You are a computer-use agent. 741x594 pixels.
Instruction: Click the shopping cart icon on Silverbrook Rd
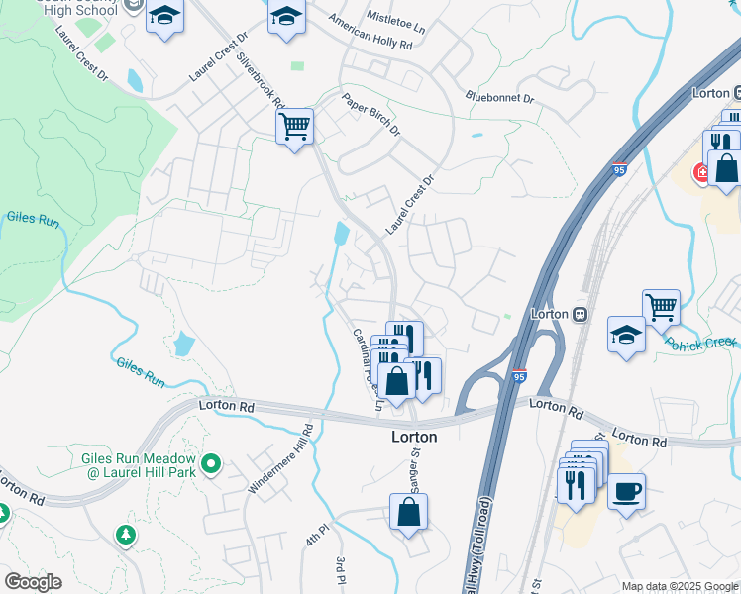294,127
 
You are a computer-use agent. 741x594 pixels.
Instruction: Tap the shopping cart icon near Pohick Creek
661,306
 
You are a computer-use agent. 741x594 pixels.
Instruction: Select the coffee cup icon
625,490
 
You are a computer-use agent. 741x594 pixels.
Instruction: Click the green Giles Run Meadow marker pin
210,463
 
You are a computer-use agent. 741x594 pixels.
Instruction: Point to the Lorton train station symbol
577,314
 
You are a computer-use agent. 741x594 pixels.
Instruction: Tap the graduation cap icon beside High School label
165,17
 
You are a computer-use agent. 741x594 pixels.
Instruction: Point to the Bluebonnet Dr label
499,98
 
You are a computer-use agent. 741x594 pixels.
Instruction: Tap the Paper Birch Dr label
371,115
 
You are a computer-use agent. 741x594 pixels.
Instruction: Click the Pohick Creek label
701,343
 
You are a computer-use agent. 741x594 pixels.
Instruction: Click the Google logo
32,582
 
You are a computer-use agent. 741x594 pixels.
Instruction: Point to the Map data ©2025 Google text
679,586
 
